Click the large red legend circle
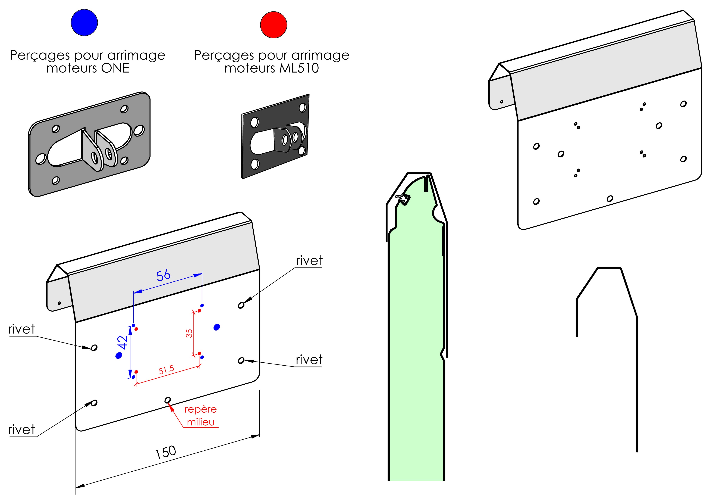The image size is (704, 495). (x=274, y=25)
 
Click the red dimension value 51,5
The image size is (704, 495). (x=166, y=370)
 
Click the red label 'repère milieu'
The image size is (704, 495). (x=200, y=416)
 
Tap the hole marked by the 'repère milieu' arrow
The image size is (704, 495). (x=168, y=400)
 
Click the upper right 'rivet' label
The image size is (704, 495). (x=309, y=261)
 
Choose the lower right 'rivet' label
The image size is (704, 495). (x=309, y=360)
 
